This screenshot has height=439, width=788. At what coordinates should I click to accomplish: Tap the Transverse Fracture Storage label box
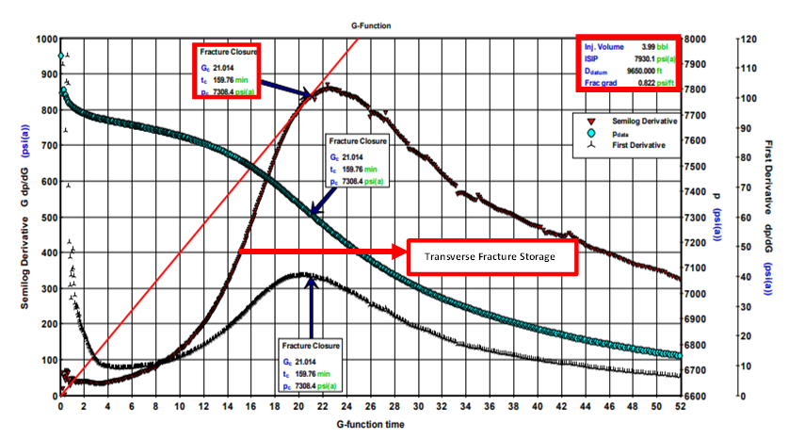click(490, 256)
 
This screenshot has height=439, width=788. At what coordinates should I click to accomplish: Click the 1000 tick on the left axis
click(43, 40)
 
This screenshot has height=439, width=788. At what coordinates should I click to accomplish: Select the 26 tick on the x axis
click(370, 408)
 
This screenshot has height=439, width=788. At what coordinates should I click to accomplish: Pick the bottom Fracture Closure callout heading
click(312, 346)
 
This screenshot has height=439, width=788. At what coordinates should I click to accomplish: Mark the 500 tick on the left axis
click(46, 218)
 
